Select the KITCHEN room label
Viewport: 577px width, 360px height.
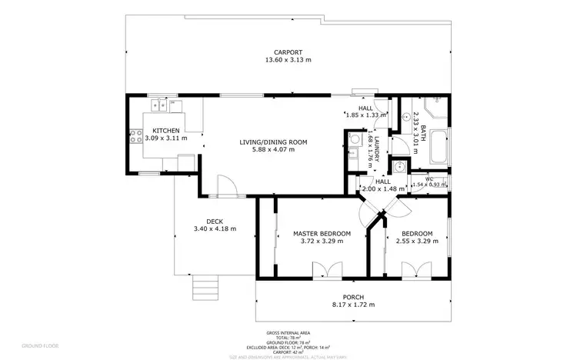pyautogui.click(x=165, y=131)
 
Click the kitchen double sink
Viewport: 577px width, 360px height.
pyautogui.click(x=160, y=105)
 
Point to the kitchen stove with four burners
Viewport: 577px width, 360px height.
pyautogui.click(x=133, y=138)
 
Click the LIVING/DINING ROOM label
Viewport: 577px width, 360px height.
pyautogui.click(x=273, y=142)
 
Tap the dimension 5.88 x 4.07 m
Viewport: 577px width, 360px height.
pyautogui.click(x=273, y=149)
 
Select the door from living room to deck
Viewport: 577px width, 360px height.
pyautogui.click(x=225, y=187)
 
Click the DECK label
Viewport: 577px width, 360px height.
pyautogui.click(x=214, y=222)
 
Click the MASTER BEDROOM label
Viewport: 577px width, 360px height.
pyautogui.click(x=322, y=233)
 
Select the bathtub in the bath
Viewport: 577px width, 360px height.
pyautogui.click(x=439, y=147)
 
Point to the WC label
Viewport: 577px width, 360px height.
pyautogui.click(x=429, y=178)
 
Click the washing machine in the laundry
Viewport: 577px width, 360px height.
pyautogui.click(x=355, y=139)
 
